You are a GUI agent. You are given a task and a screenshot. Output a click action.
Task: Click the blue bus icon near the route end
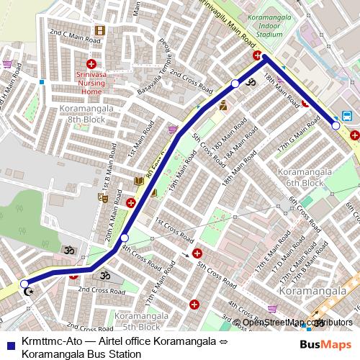pyautogui.click(x=347, y=115)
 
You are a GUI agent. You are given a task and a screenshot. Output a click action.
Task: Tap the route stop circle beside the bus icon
pyautogui.click(x=336, y=125)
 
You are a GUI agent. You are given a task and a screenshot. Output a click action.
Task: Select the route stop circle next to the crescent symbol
pyautogui.click(x=24, y=284)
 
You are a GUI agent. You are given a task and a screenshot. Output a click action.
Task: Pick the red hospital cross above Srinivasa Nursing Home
pyautogui.click(x=93, y=64)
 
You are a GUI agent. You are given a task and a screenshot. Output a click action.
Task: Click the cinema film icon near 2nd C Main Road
pyautogui.click(x=99, y=30)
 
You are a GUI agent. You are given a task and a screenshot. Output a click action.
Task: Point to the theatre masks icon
pyautogui.click(x=104, y=195)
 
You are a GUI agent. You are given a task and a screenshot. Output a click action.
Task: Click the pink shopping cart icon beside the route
pyautogui.click(x=173, y=130)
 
